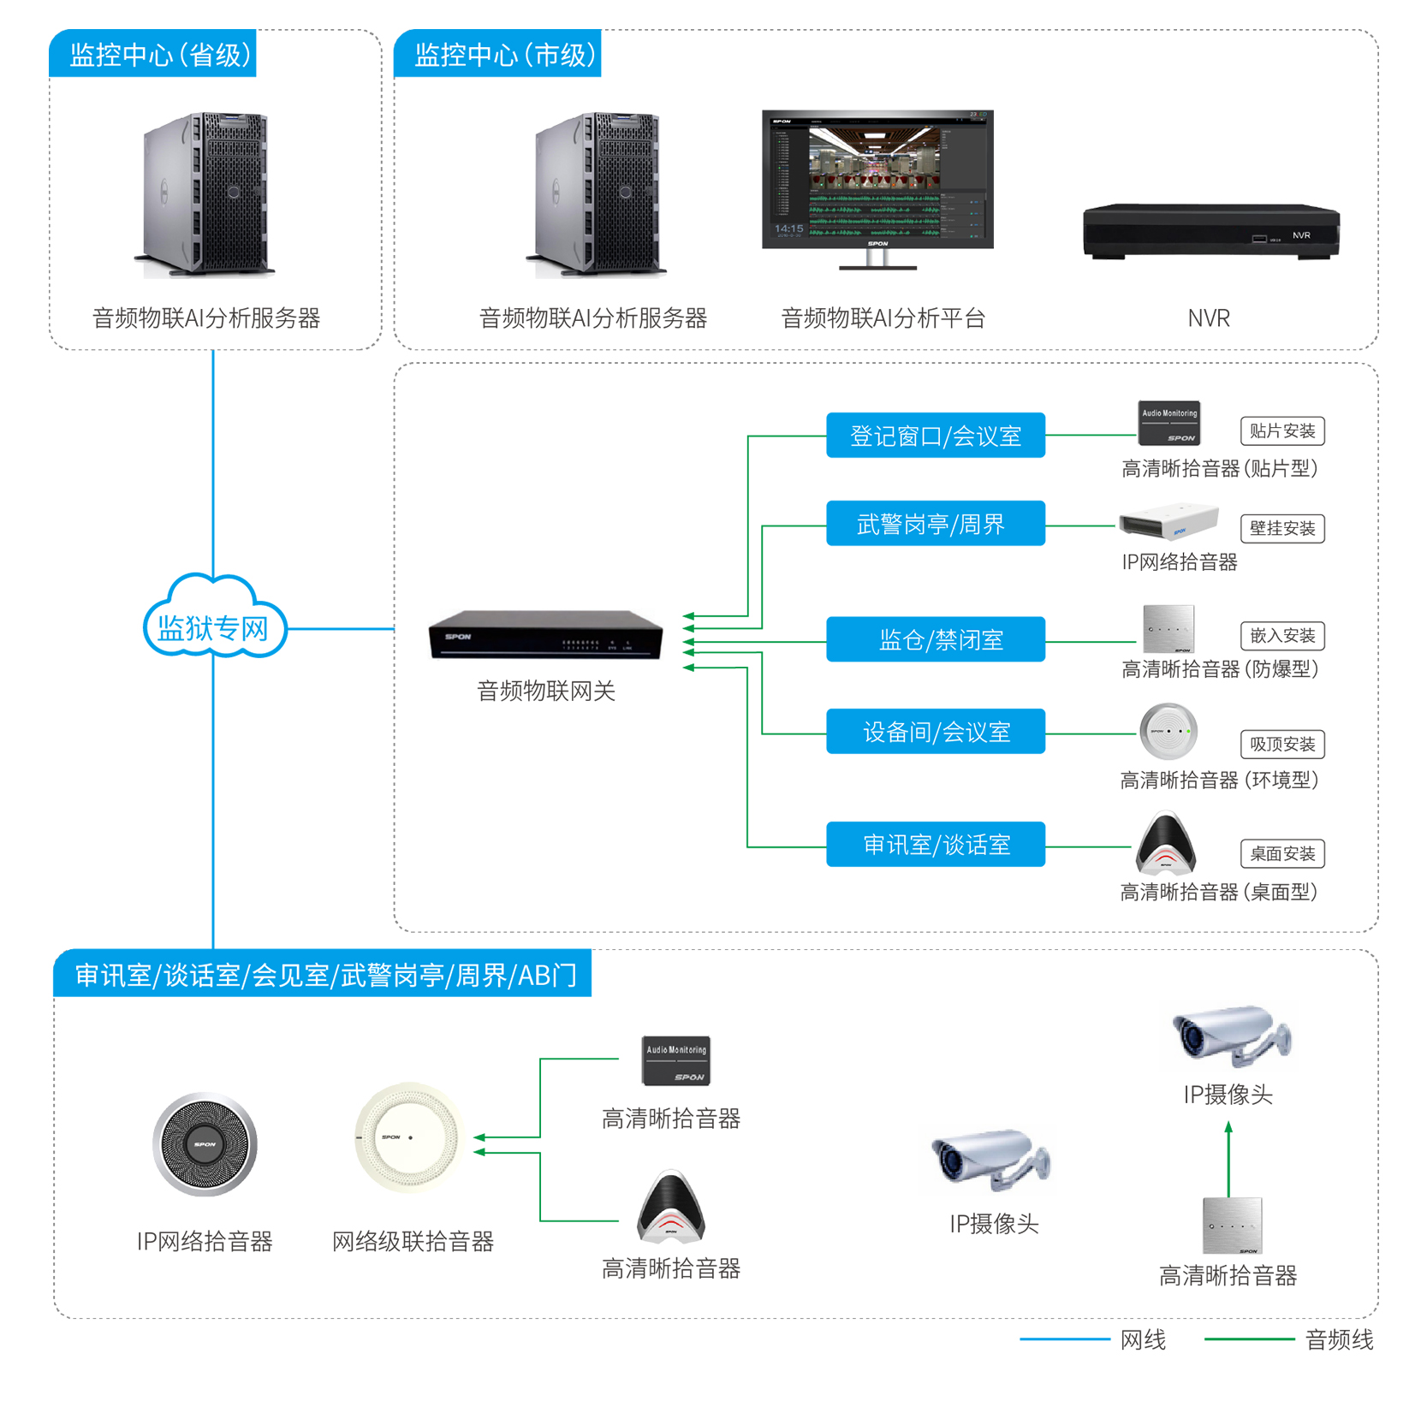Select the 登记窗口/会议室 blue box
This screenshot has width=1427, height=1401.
(935, 436)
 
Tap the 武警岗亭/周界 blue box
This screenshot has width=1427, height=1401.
(935, 524)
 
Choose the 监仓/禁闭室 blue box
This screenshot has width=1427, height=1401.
(935, 639)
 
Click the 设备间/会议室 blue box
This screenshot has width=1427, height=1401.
(935, 732)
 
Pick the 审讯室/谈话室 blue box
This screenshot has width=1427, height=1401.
(935, 845)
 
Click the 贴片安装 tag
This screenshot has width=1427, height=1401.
(1281, 430)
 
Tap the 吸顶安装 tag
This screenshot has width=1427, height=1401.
(1281, 744)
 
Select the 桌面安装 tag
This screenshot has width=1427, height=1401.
(1281, 853)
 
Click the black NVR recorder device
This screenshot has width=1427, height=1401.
(1210, 231)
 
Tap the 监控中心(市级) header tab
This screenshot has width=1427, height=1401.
(498, 54)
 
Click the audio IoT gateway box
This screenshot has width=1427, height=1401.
(545, 635)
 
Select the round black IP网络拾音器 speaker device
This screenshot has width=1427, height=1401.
(205, 1143)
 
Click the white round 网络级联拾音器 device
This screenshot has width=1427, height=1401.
(408, 1138)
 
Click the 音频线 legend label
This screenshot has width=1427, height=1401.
(1339, 1340)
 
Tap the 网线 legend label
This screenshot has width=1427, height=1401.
(1143, 1340)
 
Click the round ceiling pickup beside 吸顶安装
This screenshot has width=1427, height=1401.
(1168, 732)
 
